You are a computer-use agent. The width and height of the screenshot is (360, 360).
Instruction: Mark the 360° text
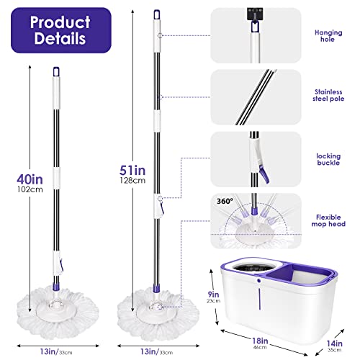point(222,201)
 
